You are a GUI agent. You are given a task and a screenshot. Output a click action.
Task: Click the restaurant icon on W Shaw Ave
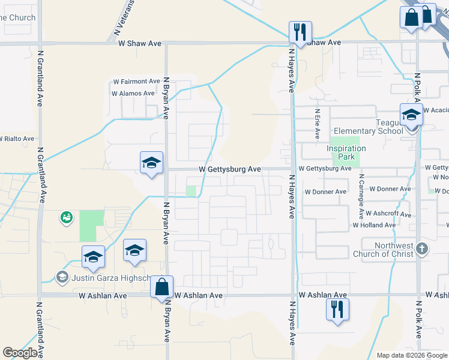300,32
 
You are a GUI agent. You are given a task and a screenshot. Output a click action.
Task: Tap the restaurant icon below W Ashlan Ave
337,309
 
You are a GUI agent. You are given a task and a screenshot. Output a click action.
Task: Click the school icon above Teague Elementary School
412,115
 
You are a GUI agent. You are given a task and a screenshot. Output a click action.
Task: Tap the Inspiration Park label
346,152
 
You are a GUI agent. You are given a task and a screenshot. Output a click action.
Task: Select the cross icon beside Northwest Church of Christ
423,248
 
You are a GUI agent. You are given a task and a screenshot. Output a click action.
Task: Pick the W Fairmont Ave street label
136,82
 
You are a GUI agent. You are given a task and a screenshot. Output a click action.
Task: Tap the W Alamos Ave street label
133,94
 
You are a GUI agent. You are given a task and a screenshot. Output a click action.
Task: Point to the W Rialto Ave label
17,139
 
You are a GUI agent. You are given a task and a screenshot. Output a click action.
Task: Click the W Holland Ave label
374,226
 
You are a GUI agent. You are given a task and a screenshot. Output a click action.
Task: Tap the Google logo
20,353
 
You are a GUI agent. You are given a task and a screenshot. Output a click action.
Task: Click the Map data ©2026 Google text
411,355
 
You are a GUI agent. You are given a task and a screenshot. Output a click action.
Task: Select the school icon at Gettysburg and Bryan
152,163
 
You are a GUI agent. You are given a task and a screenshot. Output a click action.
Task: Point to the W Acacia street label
436,110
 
